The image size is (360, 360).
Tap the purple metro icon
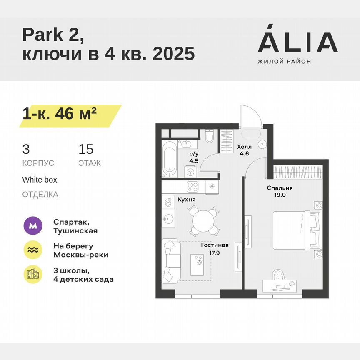tap(33, 226)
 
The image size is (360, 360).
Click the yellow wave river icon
tap(33, 250)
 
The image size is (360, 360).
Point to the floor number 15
tap(86, 149)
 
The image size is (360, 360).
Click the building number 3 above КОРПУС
tap(26, 149)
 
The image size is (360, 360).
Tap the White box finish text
tap(40, 180)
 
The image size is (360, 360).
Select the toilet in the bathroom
tap(209, 136)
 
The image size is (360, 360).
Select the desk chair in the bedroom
tap(278, 274)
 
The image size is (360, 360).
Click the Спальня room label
tap(280, 188)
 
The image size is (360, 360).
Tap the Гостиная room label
tap(215, 245)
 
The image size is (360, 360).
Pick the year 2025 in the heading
tap(174, 54)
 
